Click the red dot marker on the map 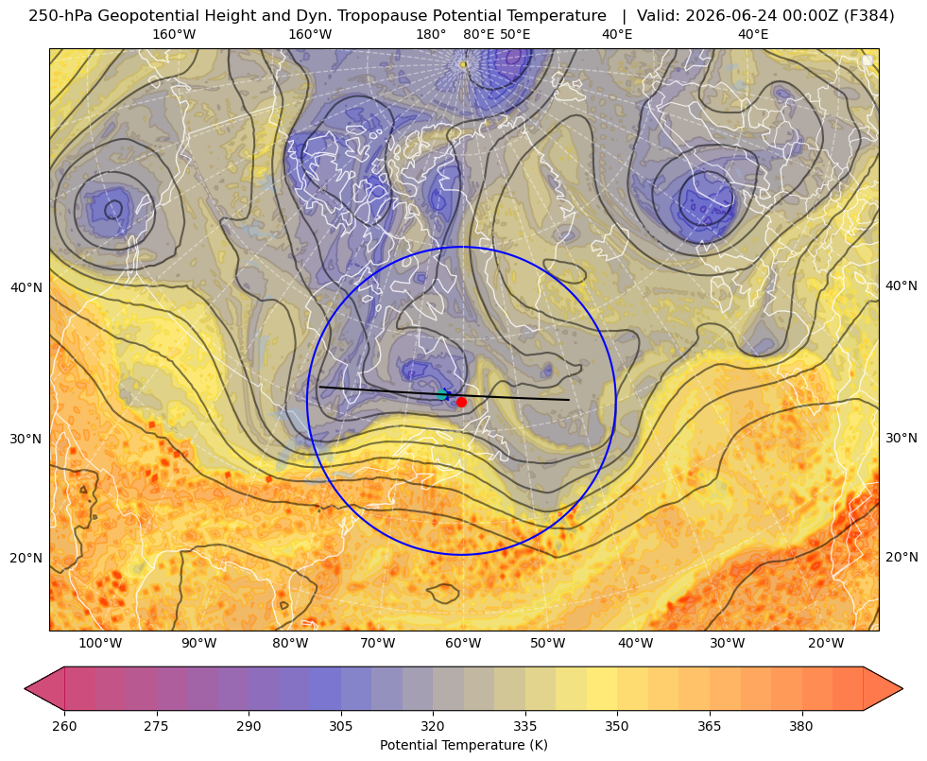[461, 402]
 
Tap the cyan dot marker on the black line [442, 395]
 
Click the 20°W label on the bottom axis [826, 644]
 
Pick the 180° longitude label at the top [431, 34]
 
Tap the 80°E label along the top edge [478, 34]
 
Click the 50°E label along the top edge [515, 34]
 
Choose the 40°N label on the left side [26, 287]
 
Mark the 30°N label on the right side [901, 438]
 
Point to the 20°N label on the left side [26, 558]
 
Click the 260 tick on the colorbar [64, 726]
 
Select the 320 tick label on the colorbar [433, 726]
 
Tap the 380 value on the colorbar [801, 726]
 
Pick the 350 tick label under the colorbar [617, 726]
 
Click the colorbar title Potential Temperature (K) [463, 745]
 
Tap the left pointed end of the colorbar [25, 688]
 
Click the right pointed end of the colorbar [902, 688]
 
